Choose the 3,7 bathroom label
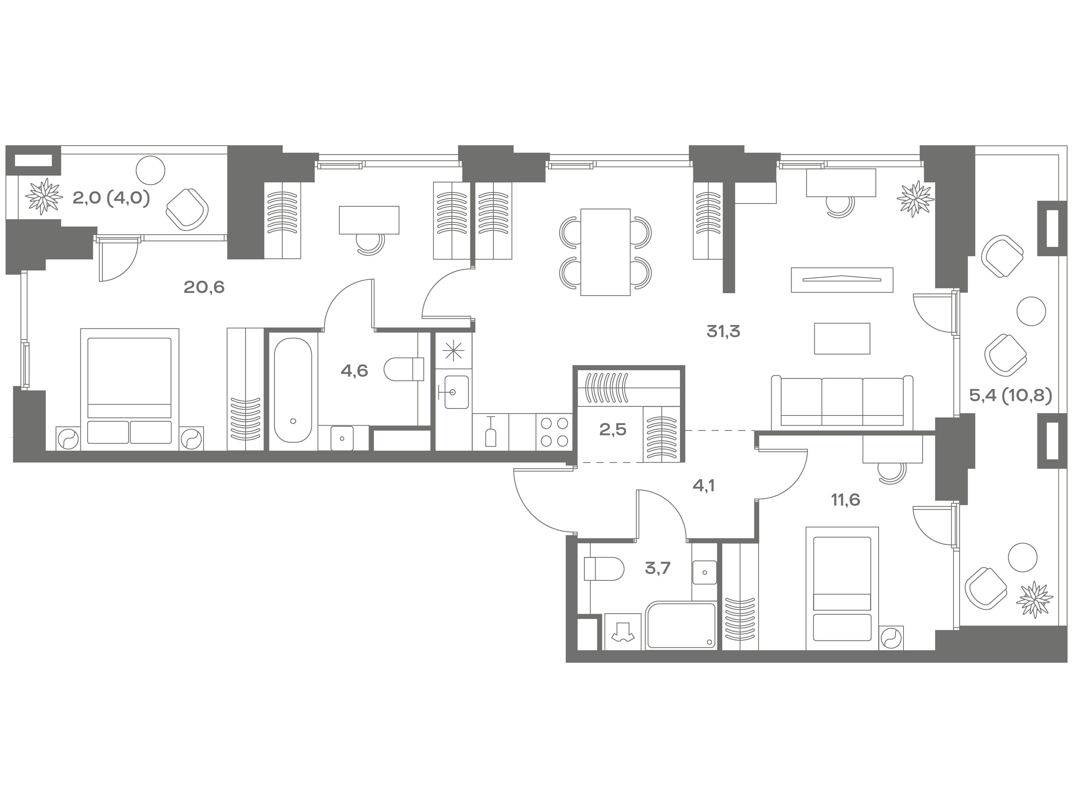[658, 568]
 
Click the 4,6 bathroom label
[354, 371]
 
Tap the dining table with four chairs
[606, 252]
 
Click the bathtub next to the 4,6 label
[293, 390]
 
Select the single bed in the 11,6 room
[842, 588]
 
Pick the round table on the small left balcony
[150, 170]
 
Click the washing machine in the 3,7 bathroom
[623, 632]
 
